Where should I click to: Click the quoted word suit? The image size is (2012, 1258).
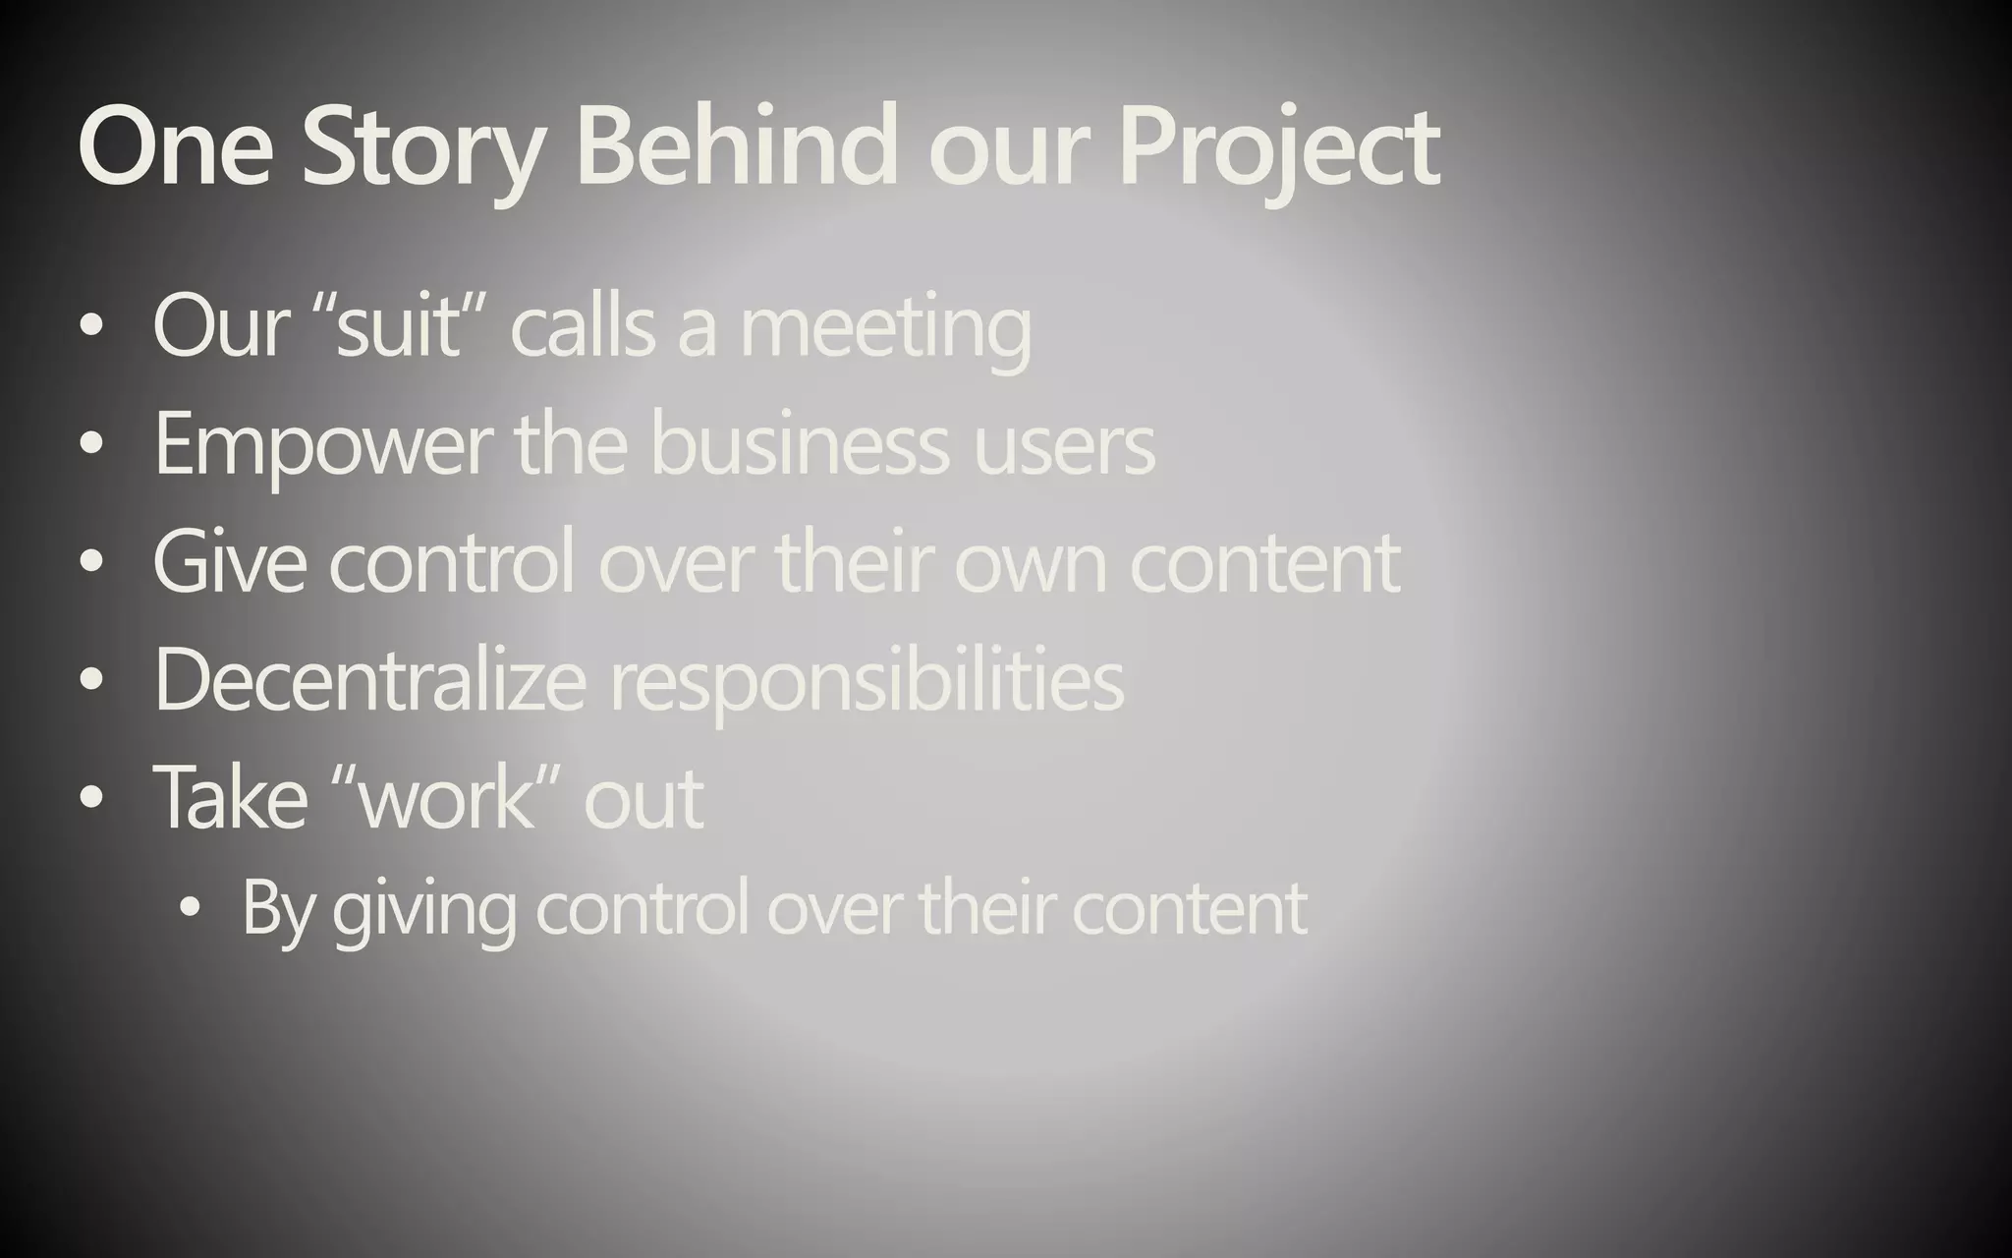(398, 327)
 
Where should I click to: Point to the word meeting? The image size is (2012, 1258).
(885, 329)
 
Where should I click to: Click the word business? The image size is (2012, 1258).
(800, 445)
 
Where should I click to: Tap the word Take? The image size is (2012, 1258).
(231, 797)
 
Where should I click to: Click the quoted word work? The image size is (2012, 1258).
(448, 797)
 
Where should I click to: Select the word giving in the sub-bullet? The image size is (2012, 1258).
(423, 910)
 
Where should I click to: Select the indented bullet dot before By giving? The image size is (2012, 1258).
(190, 910)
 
